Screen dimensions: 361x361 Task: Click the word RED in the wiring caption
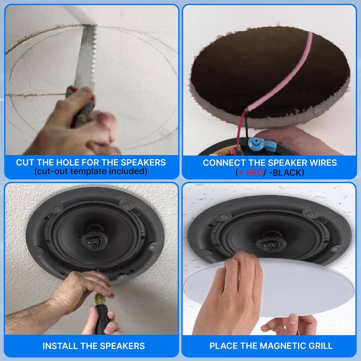254,173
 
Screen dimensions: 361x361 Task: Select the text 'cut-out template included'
91,171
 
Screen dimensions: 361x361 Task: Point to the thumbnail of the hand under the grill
293,319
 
